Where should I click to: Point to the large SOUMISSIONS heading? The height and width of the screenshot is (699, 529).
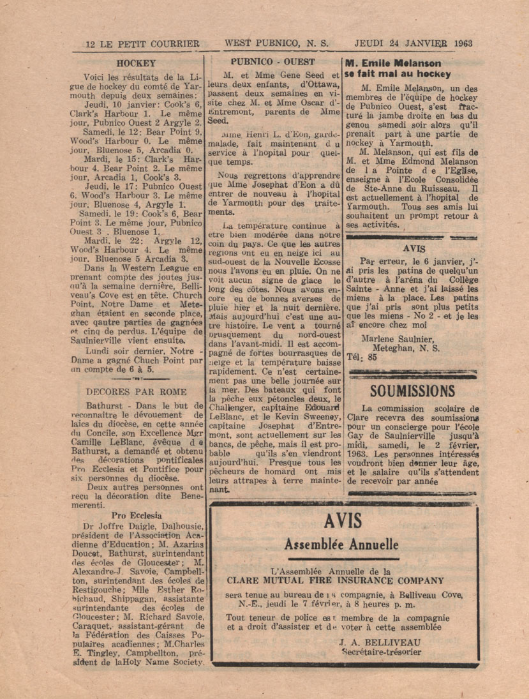[412, 390]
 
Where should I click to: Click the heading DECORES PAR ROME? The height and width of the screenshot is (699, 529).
[136, 391]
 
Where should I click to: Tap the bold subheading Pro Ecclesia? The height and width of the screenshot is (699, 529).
[136, 515]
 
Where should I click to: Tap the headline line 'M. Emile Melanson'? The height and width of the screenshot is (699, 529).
[392, 63]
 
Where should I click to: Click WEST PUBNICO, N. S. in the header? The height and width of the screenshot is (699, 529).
[276, 44]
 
